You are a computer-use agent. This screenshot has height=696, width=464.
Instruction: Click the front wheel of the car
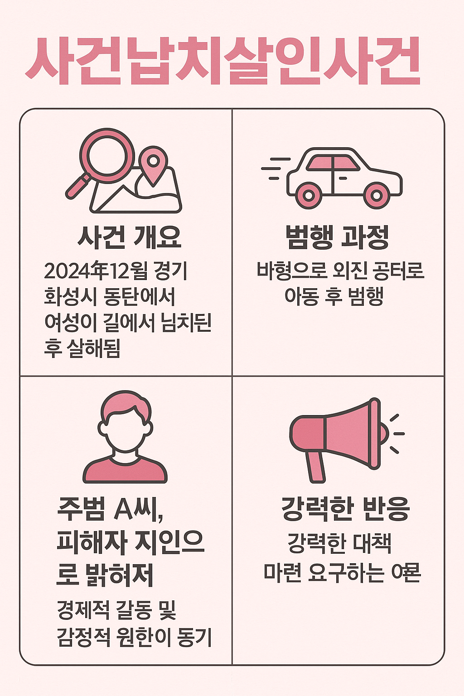[x=376, y=195]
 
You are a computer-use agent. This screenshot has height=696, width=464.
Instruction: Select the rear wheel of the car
[x=309, y=195]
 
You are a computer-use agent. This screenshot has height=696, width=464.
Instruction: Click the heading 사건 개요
[x=130, y=237]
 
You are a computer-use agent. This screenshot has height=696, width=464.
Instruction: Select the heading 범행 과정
[x=337, y=237]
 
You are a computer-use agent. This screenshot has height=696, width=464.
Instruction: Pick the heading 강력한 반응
[x=345, y=509]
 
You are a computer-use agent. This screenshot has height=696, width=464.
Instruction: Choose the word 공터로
[x=398, y=271]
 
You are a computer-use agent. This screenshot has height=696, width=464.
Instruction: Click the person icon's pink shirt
[x=125, y=471]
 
